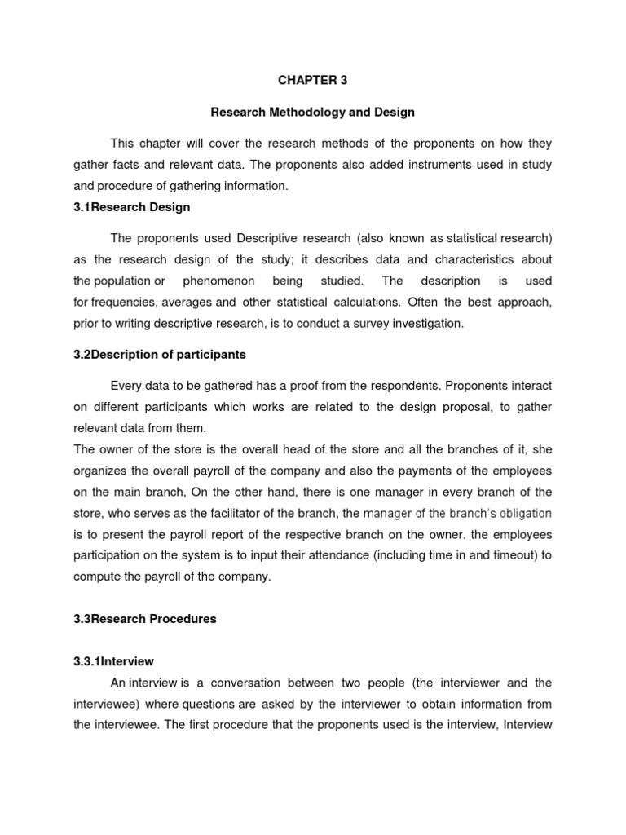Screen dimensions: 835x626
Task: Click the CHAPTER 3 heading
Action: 313,80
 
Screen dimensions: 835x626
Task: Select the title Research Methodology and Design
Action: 313,112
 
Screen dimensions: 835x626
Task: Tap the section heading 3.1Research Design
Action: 132,207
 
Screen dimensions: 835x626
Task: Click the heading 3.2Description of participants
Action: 159,355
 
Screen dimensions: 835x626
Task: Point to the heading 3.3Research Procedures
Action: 145,619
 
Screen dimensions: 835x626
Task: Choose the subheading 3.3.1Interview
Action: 113,661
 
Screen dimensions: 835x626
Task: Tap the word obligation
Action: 518,514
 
